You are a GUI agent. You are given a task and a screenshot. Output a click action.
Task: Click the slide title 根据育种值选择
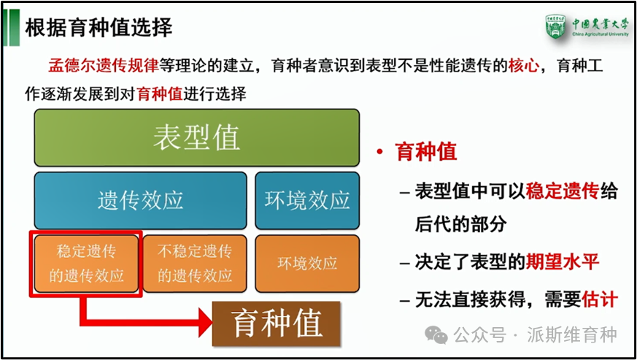pos(99,28)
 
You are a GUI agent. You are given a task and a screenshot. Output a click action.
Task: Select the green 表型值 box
pos(196,137)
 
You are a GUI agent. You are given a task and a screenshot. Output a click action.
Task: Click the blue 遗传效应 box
pos(140,200)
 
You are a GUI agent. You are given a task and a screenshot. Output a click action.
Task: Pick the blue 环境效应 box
pos(306,200)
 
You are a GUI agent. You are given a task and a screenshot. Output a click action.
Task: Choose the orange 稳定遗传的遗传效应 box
pos(86,264)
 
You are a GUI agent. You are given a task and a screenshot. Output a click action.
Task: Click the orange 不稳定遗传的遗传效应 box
pos(195,264)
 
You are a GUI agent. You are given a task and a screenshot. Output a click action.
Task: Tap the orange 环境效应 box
pos(306,264)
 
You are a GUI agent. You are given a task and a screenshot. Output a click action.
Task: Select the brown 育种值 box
pos(277,322)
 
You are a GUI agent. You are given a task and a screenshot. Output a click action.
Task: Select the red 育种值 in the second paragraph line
pos(161,94)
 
